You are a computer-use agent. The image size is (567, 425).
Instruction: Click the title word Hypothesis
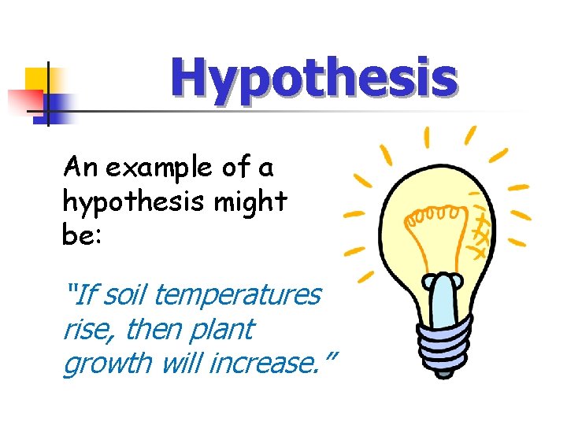(313, 79)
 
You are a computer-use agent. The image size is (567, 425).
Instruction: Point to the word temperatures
(238, 295)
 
